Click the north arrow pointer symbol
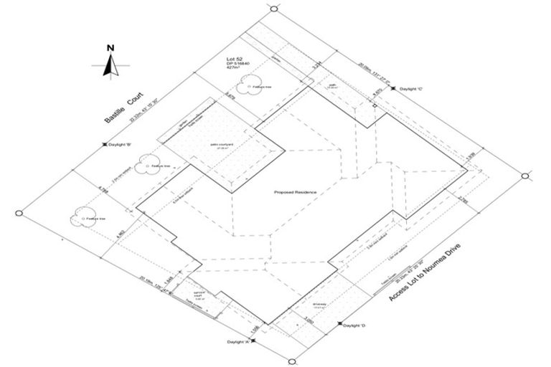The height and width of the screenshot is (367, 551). point(110,65)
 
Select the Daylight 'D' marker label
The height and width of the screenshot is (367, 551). point(355,326)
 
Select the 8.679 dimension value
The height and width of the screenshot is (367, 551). point(230,94)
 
